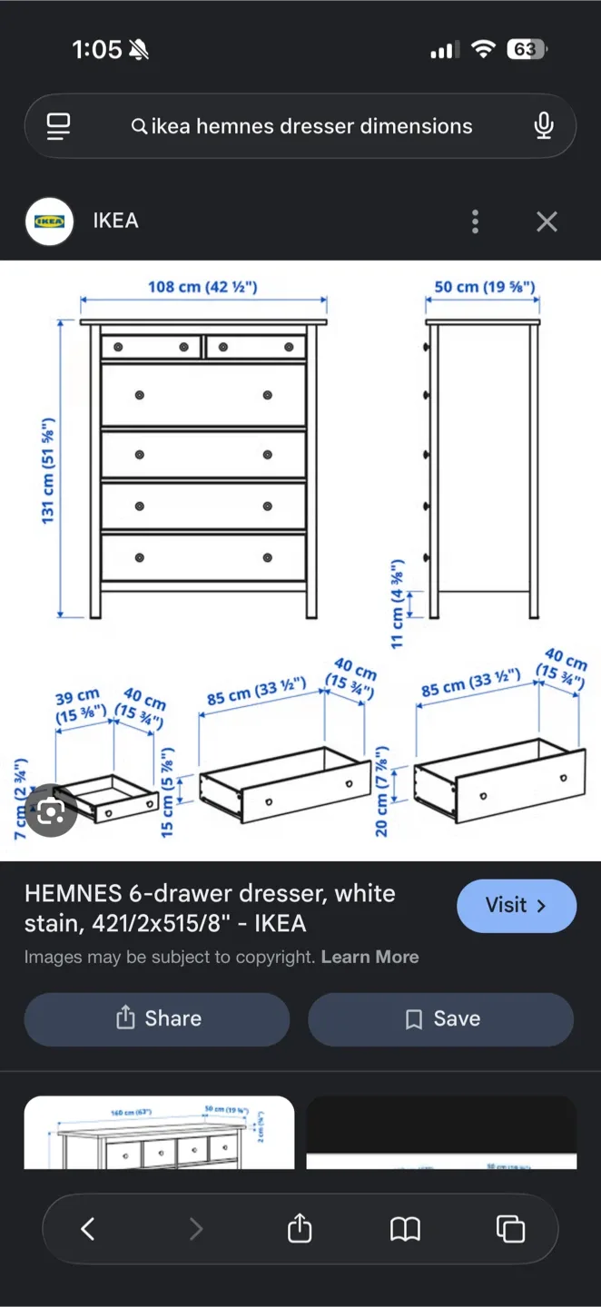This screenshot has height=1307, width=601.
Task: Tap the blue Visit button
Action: [x=516, y=906]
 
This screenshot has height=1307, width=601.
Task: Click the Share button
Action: [x=157, y=1018]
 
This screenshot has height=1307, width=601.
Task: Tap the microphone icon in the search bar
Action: [x=544, y=125]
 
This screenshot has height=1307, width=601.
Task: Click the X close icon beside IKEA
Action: [x=547, y=221]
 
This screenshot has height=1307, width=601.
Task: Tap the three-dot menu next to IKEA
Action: [x=475, y=221]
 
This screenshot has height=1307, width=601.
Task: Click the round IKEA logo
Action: [x=50, y=221]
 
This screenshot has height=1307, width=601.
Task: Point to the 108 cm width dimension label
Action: [x=202, y=287]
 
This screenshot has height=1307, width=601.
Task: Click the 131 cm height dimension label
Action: [x=48, y=470]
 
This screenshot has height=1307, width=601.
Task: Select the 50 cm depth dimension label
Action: [x=484, y=287]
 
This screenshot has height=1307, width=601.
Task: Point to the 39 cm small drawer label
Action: [x=79, y=706]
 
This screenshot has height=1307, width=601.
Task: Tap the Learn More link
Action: [x=369, y=957]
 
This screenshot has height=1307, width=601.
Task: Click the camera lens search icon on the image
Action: [x=51, y=811]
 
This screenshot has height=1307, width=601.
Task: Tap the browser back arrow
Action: [x=88, y=1229]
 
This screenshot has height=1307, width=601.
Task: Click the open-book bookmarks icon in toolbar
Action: [x=405, y=1229]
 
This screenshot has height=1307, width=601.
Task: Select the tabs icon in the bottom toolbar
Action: [x=510, y=1229]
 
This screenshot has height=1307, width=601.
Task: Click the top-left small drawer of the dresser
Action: [x=151, y=347]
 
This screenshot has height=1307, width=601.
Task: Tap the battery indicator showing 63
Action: [x=527, y=50]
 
